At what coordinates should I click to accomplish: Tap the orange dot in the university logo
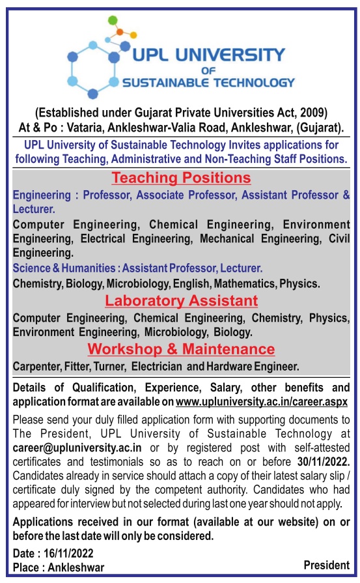(x=120, y=30)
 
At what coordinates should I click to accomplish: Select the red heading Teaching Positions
(x=181, y=177)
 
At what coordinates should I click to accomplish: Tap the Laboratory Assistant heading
(x=181, y=300)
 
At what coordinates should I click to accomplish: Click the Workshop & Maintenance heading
(x=181, y=348)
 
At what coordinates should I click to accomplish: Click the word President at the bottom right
(x=326, y=564)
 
